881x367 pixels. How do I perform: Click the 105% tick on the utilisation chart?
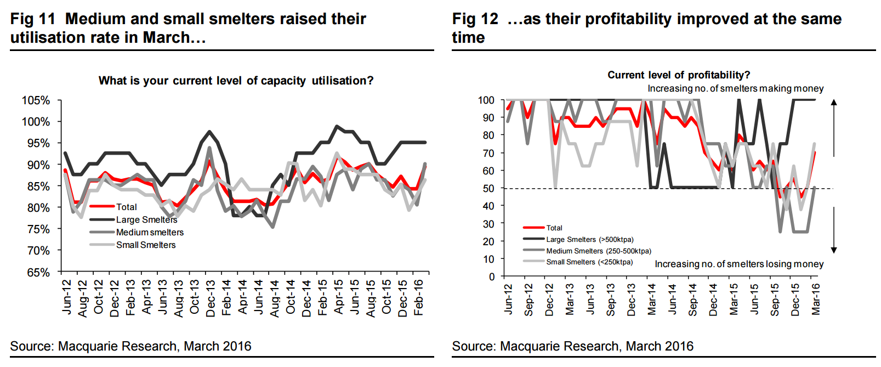tap(36, 100)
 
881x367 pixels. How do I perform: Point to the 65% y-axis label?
tap(38, 273)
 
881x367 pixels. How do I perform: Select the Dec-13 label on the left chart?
tap(211, 298)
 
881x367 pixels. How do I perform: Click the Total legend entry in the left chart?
tap(127, 207)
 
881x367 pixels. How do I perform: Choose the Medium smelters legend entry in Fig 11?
tap(150, 232)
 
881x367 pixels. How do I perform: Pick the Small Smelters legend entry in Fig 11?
tap(146, 245)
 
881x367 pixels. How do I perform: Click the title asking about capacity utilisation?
tap(236, 81)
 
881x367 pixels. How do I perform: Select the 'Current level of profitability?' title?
tap(679, 75)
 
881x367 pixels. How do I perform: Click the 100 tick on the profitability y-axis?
tap(486, 100)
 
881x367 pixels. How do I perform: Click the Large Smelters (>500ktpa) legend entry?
tap(589, 239)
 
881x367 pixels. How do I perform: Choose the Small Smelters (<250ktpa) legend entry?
tap(589, 262)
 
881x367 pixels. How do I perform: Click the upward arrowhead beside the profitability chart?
tap(834, 103)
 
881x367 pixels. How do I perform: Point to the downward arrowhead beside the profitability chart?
tap(834, 250)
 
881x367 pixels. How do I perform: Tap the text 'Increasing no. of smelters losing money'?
tap(739, 264)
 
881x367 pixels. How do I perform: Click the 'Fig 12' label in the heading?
tap(475, 19)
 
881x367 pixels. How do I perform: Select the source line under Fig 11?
tap(130, 346)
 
